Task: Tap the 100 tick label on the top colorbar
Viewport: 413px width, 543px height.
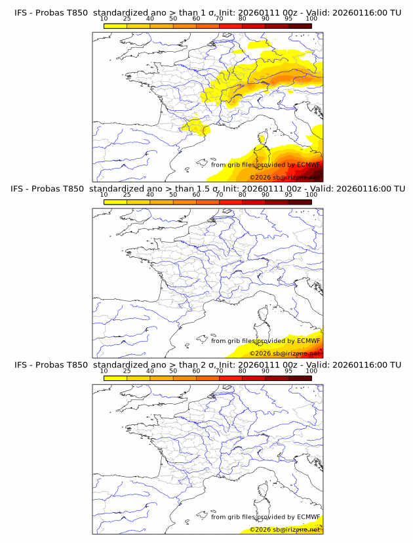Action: coord(311,18)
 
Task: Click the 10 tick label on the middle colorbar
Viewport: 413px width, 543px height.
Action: coord(104,194)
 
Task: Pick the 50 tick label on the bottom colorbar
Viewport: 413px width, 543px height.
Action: coord(173,370)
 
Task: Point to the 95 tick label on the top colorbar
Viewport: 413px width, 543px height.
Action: coord(288,18)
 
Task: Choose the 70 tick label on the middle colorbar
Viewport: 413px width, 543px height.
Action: coord(219,194)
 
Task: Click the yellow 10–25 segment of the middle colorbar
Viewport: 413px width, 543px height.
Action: coord(115,201)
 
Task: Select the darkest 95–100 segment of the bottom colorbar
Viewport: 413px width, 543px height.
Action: coord(300,377)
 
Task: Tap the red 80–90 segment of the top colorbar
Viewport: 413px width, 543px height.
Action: coord(254,26)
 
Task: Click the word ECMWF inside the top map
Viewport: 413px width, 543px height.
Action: coord(308,165)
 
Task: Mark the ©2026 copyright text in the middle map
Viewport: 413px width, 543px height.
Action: coord(260,353)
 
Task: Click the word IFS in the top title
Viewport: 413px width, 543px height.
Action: coord(21,13)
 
